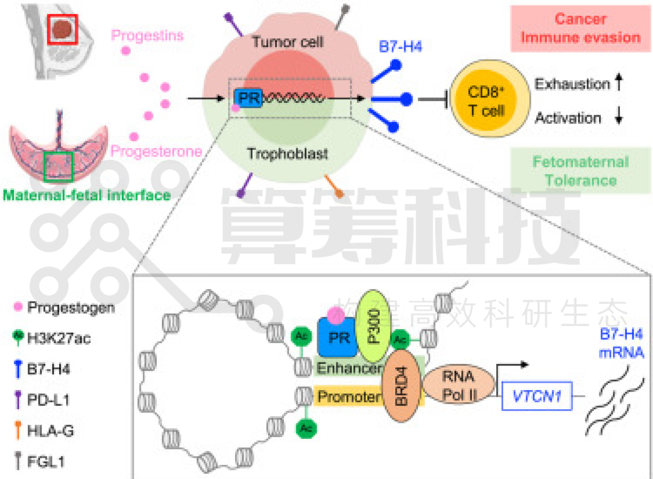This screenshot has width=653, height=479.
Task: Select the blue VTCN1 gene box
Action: [x=537, y=396]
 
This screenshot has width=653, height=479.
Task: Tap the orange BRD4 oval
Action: [x=401, y=386]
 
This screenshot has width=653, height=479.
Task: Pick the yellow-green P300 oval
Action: [x=373, y=326]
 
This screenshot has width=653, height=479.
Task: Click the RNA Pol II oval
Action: [x=459, y=385]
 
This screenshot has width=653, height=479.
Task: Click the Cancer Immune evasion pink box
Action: [x=580, y=29]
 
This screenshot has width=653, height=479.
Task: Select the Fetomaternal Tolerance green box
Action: [x=580, y=171]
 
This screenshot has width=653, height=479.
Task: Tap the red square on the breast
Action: [x=62, y=29]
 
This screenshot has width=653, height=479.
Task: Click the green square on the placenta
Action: [x=58, y=166]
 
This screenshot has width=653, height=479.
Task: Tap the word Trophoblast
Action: [x=287, y=153]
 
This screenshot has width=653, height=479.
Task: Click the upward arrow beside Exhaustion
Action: [x=619, y=82]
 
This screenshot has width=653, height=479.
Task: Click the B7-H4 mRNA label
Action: [x=621, y=343]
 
